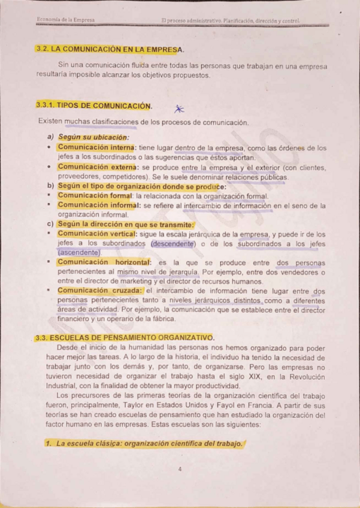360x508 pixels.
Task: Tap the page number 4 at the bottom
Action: (180, 469)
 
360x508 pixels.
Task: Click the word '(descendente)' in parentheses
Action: (174, 244)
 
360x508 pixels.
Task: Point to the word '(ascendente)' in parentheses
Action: (79, 253)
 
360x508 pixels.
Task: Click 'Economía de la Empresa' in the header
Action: (66, 20)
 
